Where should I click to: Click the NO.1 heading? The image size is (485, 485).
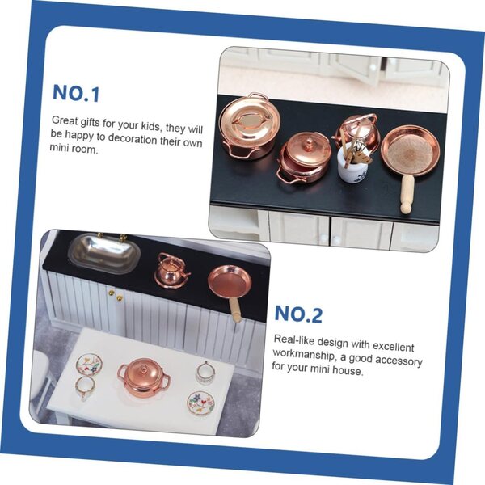tap(76, 93)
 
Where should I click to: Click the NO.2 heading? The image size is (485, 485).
tap(298, 314)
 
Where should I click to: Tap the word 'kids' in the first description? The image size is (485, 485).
tap(152, 126)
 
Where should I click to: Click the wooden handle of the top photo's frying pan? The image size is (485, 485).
tap(407, 194)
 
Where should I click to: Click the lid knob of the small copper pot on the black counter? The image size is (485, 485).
tap(309, 142)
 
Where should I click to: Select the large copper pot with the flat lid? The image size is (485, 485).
tap(249, 127)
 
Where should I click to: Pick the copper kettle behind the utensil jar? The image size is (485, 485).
tap(356, 130)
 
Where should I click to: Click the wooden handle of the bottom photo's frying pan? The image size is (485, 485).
tap(235, 310)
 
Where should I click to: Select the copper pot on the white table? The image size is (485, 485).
tap(144, 377)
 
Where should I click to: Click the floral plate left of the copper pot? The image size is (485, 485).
tap(89, 365)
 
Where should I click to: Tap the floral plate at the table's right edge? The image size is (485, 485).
tap(201, 404)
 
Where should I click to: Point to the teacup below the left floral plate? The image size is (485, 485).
tap(85, 388)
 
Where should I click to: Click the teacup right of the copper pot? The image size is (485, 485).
tap(205, 373)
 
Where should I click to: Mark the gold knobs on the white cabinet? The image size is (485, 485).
tap(116, 295)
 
